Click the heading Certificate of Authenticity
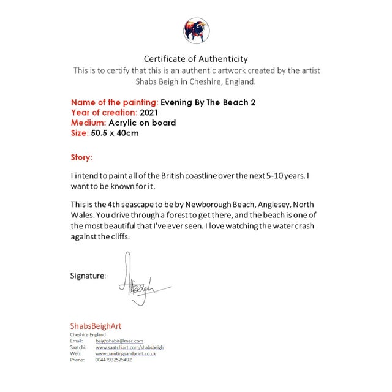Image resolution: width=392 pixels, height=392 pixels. pyautogui.click(x=196, y=59)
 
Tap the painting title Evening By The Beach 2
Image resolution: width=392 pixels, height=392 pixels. pyautogui.click(x=208, y=102)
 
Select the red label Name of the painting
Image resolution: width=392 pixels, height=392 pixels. pyautogui.click(x=115, y=102)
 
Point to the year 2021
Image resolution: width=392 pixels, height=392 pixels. pyautogui.click(x=149, y=113)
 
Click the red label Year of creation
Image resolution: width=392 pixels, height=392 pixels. pyautogui.click(x=104, y=113)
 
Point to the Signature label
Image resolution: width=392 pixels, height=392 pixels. pyautogui.click(x=89, y=276)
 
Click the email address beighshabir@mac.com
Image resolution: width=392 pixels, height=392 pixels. pyautogui.click(x=119, y=341)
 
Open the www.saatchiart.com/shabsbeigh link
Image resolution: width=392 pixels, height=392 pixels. pyautogui.click(x=130, y=347)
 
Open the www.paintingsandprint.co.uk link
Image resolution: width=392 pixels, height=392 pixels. pyautogui.click(x=126, y=353)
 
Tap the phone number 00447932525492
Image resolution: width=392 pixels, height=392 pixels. pyautogui.click(x=113, y=360)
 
